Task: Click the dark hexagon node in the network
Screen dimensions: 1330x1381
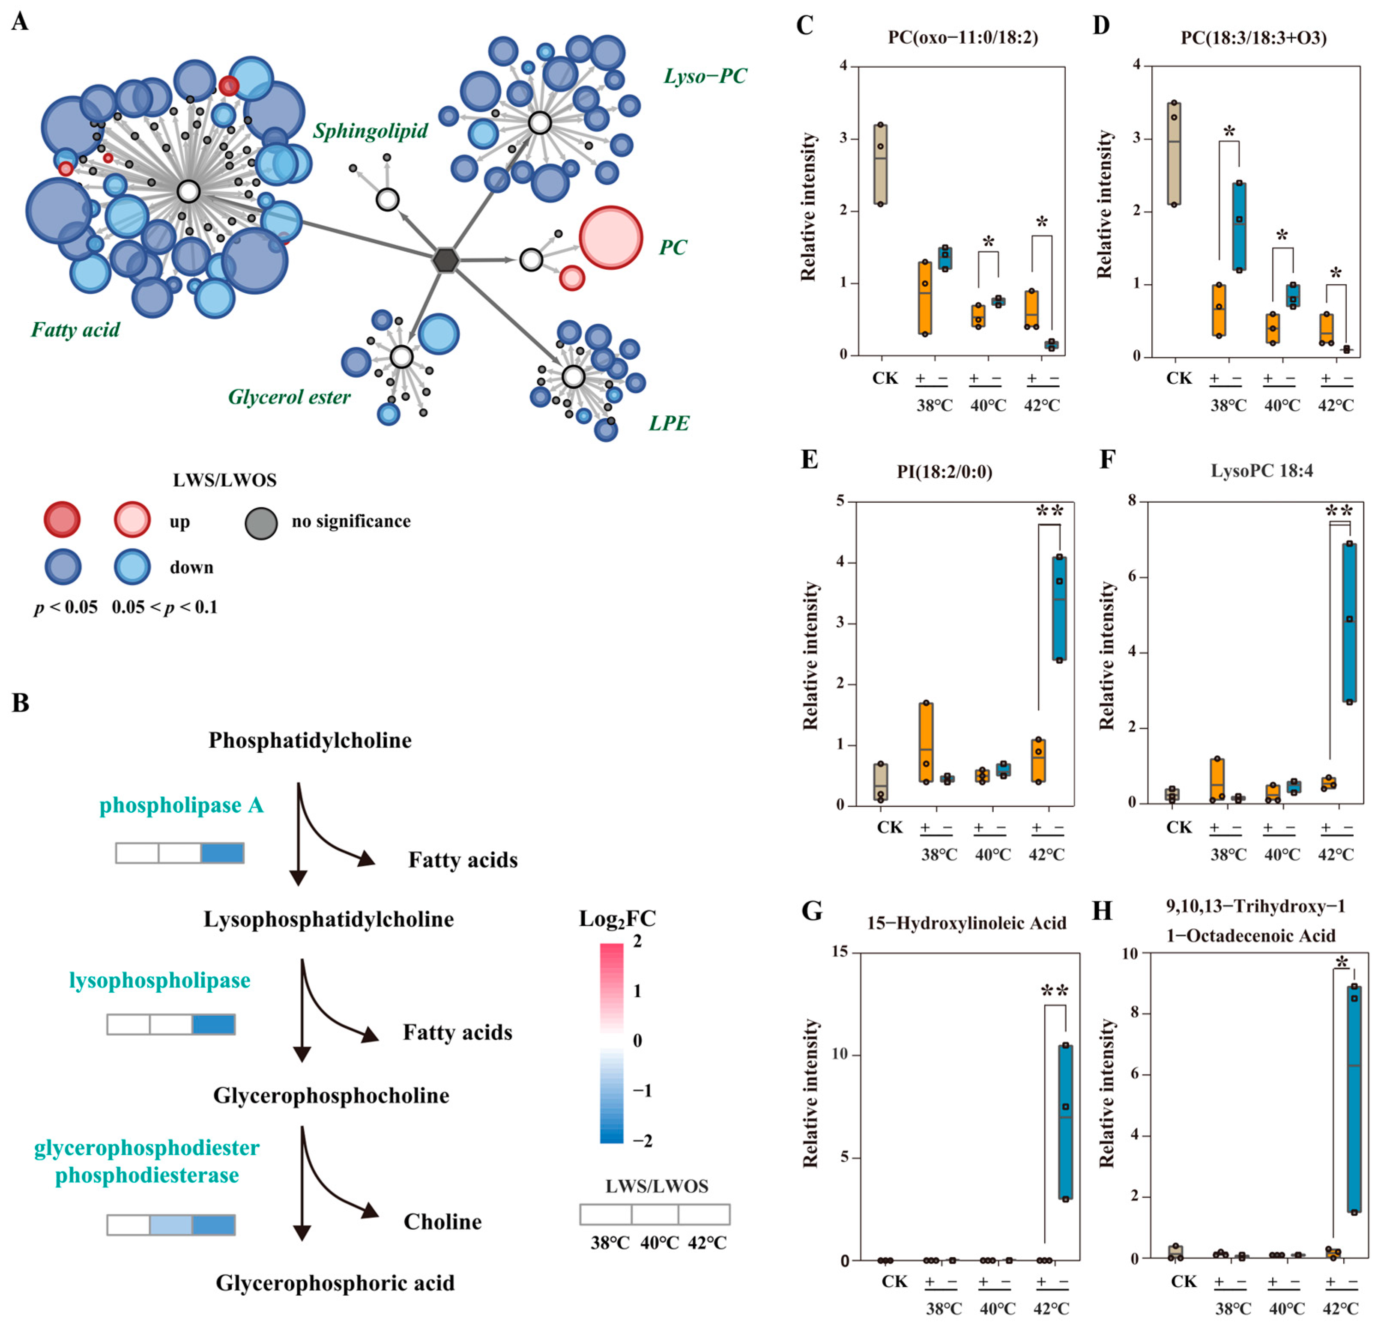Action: [x=445, y=260]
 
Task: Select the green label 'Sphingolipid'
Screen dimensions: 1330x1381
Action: [x=371, y=131]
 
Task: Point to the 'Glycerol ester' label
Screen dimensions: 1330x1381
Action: [x=289, y=397]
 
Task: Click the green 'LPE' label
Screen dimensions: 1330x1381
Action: [x=669, y=423]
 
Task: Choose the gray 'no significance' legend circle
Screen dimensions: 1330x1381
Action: [x=261, y=523]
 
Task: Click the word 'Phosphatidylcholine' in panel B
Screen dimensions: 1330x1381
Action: [x=310, y=740]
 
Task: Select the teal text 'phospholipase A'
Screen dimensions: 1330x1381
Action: [x=181, y=805]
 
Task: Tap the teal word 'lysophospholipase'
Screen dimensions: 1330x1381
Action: [x=160, y=981]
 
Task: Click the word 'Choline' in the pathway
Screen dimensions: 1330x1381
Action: [x=442, y=1222]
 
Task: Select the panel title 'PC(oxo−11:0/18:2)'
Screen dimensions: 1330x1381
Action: [x=963, y=37]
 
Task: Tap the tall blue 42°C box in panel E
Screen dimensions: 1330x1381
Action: [x=1059, y=608]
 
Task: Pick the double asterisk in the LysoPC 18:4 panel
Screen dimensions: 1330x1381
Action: [x=1339, y=511]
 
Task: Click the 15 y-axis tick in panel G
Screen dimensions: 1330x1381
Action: [x=841, y=953]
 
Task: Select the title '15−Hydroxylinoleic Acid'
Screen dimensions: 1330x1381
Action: [x=967, y=923]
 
